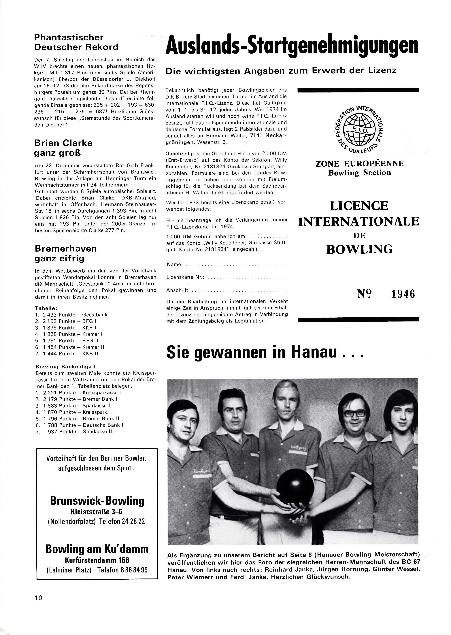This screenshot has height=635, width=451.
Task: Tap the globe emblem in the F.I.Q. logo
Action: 359,129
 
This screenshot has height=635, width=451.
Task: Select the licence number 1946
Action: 403,294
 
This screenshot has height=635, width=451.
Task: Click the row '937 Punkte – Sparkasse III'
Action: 81,432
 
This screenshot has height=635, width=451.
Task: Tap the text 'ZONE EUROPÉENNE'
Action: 359,163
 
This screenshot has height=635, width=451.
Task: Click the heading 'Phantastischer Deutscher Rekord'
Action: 76,42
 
